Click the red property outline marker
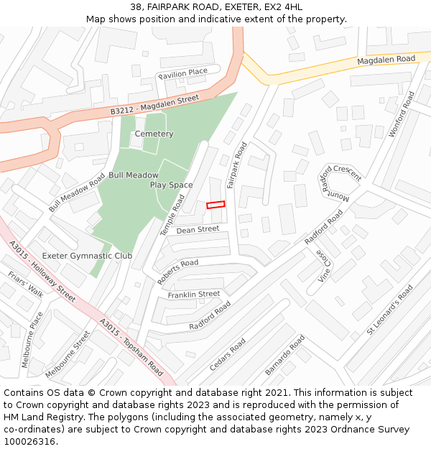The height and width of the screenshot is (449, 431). pyautogui.click(x=215, y=205)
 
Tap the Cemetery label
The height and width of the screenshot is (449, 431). pyautogui.click(x=154, y=134)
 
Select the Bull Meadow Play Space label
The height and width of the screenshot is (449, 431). pyautogui.click(x=151, y=180)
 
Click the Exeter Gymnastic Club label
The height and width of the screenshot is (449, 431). pyautogui.click(x=87, y=256)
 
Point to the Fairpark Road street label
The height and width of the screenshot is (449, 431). pyautogui.click(x=236, y=165)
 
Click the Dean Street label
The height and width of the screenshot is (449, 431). pyautogui.click(x=198, y=230)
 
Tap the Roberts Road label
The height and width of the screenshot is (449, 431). pyautogui.click(x=177, y=272)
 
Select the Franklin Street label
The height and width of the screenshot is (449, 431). pyautogui.click(x=194, y=295)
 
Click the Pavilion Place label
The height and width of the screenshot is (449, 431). pyautogui.click(x=182, y=72)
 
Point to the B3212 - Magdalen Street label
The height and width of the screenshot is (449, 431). pyautogui.click(x=154, y=105)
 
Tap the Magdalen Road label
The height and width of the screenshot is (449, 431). pyautogui.click(x=386, y=60)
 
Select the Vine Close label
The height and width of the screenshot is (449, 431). pyautogui.click(x=324, y=266)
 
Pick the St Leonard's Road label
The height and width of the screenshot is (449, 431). pyautogui.click(x=389, y=310)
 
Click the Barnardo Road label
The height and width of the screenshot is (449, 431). pyautogui.click(x=285, y=356)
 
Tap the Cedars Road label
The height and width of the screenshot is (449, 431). pyautogui.click(x=228, y=354)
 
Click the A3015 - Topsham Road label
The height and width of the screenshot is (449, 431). pyautogui.click(x=131, y=348)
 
